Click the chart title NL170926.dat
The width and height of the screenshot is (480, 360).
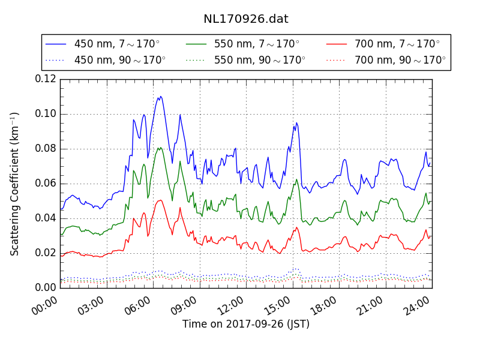(246, 19)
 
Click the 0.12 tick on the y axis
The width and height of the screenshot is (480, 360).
(46, 79)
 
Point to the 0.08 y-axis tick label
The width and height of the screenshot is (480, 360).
(46, 149)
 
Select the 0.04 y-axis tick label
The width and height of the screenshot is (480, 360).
(46, 218)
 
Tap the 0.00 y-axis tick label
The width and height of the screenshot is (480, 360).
(46, 288)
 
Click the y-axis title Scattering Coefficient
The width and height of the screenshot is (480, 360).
(15, 184)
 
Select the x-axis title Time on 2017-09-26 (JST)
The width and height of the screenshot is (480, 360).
(246, 324)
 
